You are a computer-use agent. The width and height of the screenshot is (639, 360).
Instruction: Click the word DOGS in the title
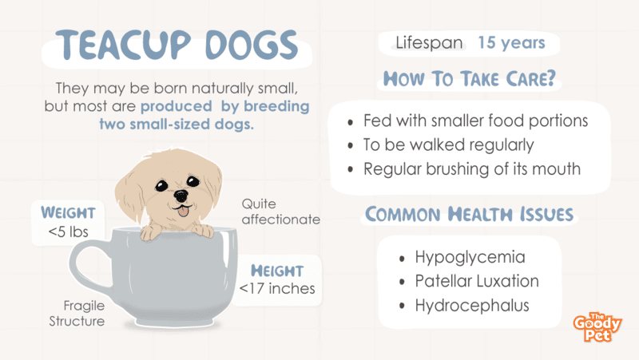tap(252, 45)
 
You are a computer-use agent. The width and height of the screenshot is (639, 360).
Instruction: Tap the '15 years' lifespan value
tap(511, 43)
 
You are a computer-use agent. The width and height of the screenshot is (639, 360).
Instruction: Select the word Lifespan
tap(429, 43)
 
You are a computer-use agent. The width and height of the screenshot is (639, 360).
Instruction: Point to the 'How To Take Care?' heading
tap(470, 78)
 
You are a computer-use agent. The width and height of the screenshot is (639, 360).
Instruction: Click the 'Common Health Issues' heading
tap(469, 214)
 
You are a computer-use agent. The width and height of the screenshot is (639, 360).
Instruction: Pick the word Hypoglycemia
tap(470, 257)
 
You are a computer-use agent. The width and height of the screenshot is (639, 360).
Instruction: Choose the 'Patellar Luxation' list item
tap(477, 281)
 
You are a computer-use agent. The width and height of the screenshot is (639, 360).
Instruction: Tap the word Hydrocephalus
tap(472, 306)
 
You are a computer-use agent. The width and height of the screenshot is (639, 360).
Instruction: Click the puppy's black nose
tap(181, 196)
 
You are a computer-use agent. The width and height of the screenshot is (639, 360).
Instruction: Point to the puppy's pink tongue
tap(184, 212)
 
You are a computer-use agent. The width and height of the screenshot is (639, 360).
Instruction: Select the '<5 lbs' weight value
tap(68, 231)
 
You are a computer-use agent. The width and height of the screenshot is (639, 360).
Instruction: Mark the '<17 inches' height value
tap(277, 289)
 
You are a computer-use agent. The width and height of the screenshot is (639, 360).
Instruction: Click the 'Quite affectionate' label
tap(281, 212)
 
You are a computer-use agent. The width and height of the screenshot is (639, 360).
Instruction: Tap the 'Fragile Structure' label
tap(77, 314)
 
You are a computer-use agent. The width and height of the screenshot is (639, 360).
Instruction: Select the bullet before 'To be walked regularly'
tap(351, 146)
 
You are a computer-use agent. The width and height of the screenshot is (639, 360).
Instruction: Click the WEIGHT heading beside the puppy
tap(68, 213)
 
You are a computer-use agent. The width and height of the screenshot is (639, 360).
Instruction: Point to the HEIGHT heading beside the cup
tap(277, 271)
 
